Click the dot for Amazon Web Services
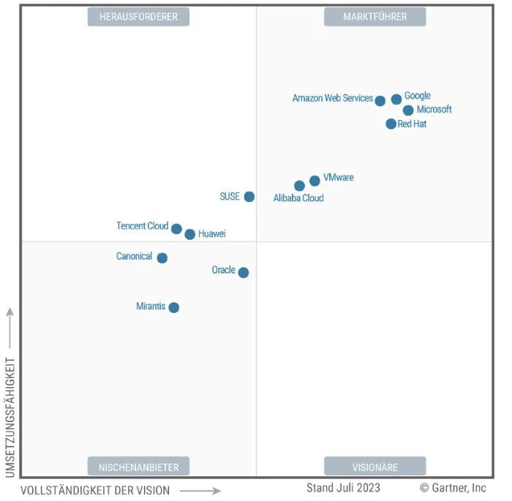pyautogui.click(x=380, y=101)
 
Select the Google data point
pyautogui.click(x=396, y=99)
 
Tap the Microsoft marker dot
pyautogui.click(x=408, y=110)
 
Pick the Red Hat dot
pyautogui.click(x=391, y=124)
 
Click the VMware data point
pyautogui.click(x=315, y=181)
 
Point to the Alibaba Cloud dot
pyautogui.click(x=299, y=186)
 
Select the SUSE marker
pyautogui.click(x=249, y=197)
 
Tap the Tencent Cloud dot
pyautogui.click(x=176, y=229)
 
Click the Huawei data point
pyautogui.click(x=190, y=234)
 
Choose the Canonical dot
pyautogui.click(x=162, y=257)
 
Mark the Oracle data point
pyautogui.click(x=244, y=273)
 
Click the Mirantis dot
pyautogui.click(x=174, y=307)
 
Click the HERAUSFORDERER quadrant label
pyautogui.click(x=138, y=17)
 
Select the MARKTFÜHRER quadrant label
pyautogui.click(x=374, y=17)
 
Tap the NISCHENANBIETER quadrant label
pyautogui.click(x=138, y=466)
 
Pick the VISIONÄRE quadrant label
pyautogui.click(x=374, y=466)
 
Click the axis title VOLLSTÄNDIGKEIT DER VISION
pyautogui.click(x=95, y=491)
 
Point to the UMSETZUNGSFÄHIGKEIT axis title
pyautogui.click(x=10, y=417)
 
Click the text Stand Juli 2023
pyautogui.click(x=343, y=488)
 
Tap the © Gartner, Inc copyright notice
pyautogui.click(x=453, y=488)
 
